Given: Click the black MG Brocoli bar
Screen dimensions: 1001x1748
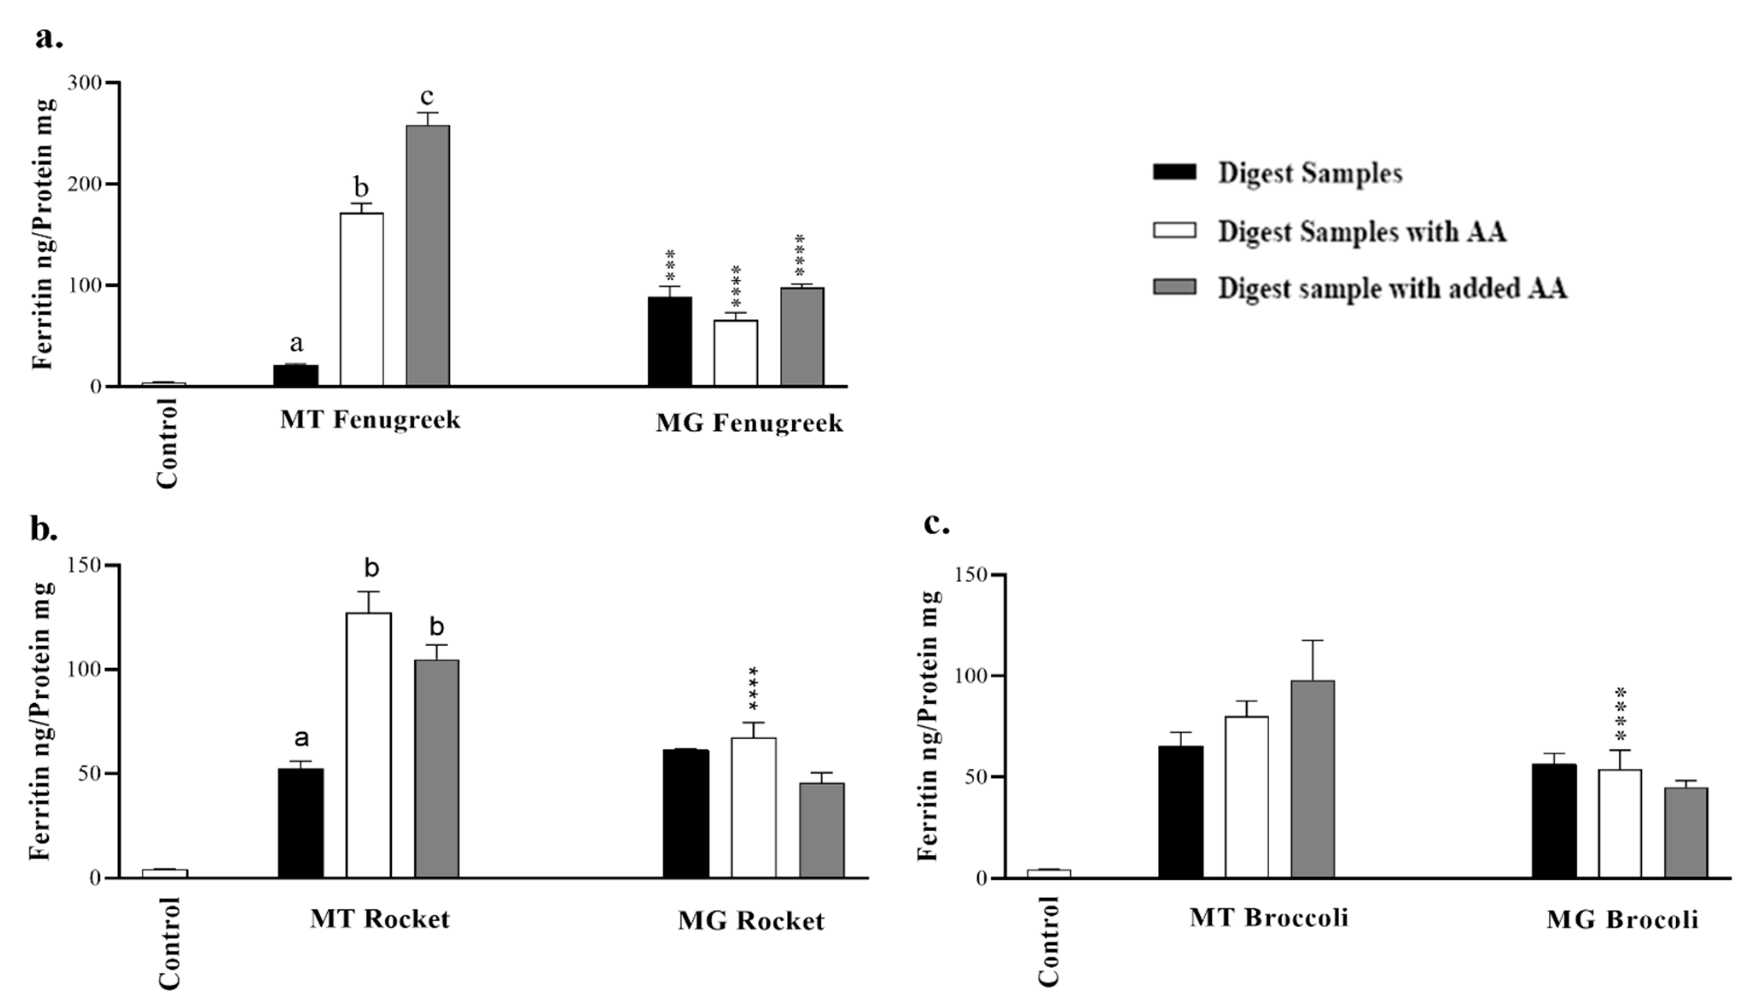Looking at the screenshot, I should tap(1553, 821).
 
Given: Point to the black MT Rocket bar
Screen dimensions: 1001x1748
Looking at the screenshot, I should tap(300, 823).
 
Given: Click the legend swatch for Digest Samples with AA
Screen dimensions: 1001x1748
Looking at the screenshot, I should tap(1174, 229).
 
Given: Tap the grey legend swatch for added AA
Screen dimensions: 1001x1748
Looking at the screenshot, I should tap(1174, 287).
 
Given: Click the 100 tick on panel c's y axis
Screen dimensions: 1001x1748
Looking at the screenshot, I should tap(970, 676).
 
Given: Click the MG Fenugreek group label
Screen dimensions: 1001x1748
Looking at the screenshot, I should tap(749, 422).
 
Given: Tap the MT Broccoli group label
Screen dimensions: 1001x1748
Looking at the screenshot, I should tap(1269, 917).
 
